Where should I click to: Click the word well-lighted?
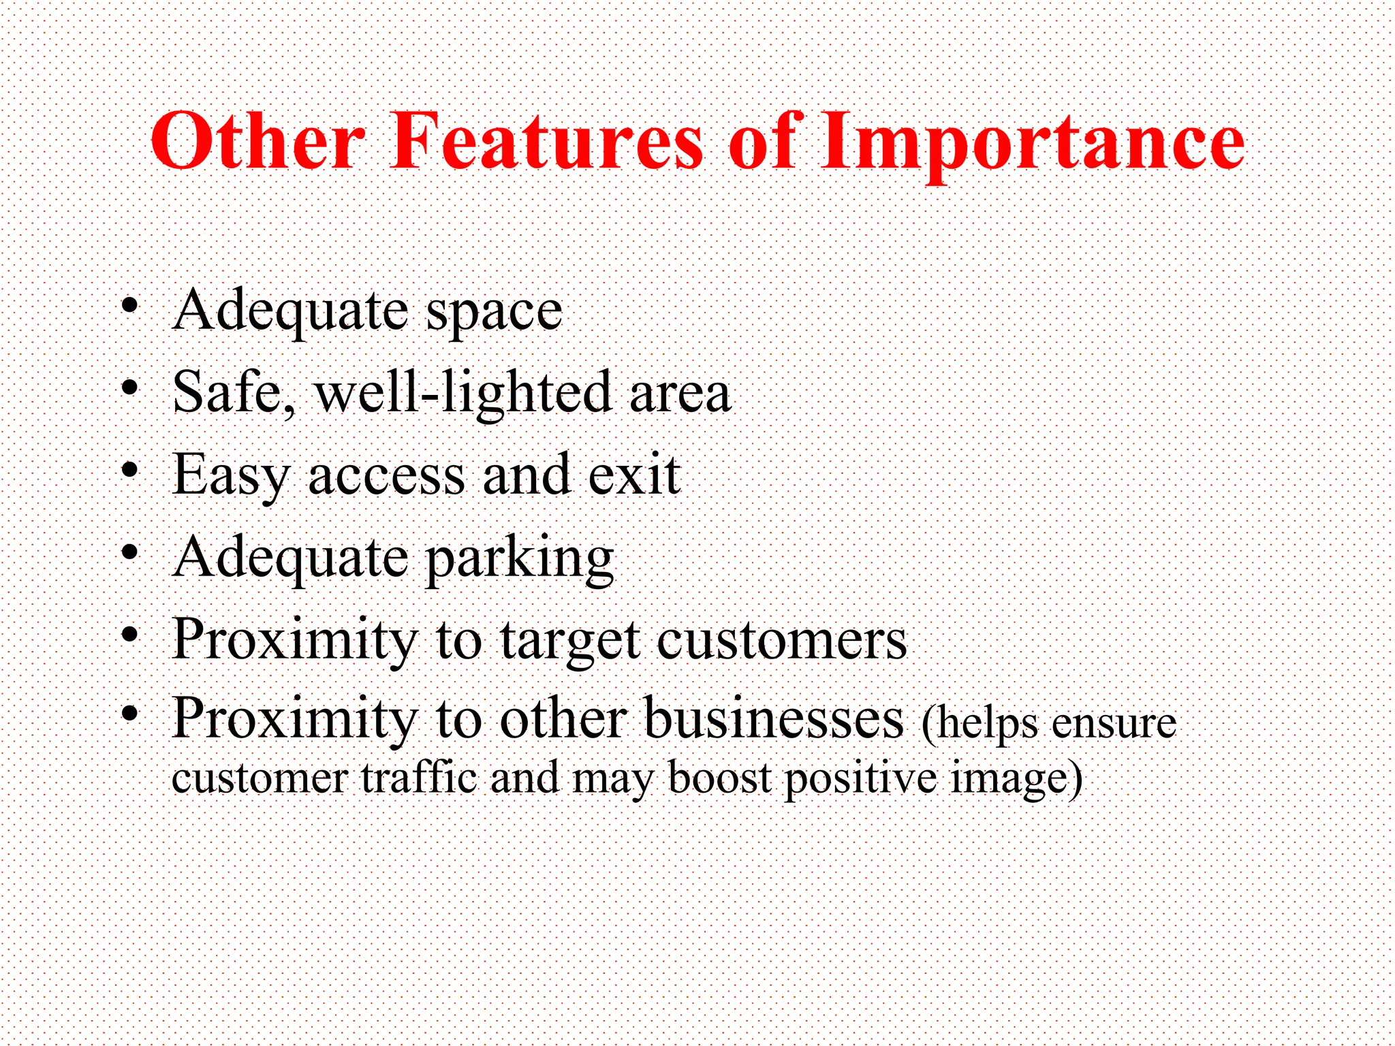(463, 393)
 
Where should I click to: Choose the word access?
(386, 475)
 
